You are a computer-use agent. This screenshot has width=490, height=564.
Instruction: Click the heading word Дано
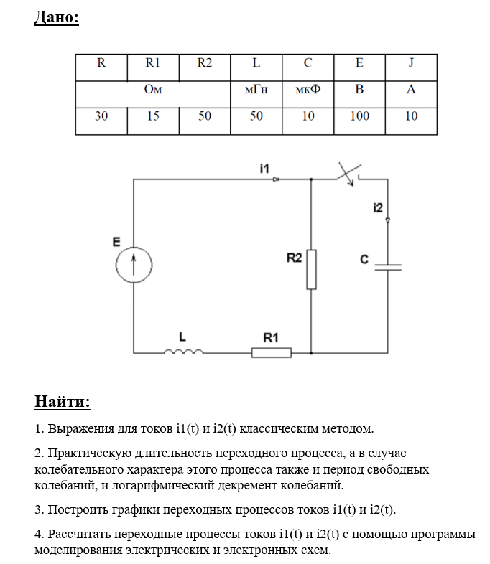point(56,17)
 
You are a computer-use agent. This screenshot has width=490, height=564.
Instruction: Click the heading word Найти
point(63,400)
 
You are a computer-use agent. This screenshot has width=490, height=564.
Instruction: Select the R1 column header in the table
point(153,63)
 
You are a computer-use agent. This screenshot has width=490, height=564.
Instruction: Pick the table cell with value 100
point(359,116)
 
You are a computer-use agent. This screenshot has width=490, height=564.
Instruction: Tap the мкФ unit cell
point(308,90)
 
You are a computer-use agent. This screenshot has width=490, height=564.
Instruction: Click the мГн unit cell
point(256,90)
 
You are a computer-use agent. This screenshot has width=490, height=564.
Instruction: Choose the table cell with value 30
point(101,116)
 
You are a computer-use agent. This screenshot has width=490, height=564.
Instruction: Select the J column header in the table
point(411,63)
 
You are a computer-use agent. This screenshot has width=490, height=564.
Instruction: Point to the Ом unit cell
point(153,90)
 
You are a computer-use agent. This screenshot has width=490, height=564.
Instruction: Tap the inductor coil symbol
point(184,352)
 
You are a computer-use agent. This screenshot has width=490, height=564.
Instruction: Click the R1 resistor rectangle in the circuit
point(271,352)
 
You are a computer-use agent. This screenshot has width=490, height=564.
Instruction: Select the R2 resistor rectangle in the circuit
point(311,269)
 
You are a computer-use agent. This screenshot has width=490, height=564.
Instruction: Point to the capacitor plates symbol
point(388,266)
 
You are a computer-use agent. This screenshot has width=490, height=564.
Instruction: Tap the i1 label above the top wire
point(264,168)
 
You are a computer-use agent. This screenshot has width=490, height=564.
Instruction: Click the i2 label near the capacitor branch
point(379,207)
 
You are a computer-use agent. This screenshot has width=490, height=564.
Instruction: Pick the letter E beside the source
point(116,242)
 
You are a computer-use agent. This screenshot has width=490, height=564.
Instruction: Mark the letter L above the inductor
point(182,336)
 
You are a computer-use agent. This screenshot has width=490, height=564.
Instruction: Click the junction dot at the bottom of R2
point(311,353)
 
